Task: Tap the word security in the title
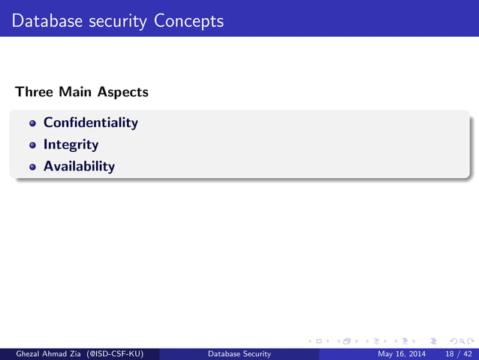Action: (116, 20)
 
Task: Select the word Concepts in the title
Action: (189, 20)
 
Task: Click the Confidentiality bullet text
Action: (91, 122)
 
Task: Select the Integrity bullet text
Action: (71, 144)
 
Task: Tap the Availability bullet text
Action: (79, 166)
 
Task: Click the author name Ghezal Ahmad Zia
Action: (44, 353)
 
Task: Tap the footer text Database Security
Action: (239, 353)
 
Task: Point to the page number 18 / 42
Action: (458, 353)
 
